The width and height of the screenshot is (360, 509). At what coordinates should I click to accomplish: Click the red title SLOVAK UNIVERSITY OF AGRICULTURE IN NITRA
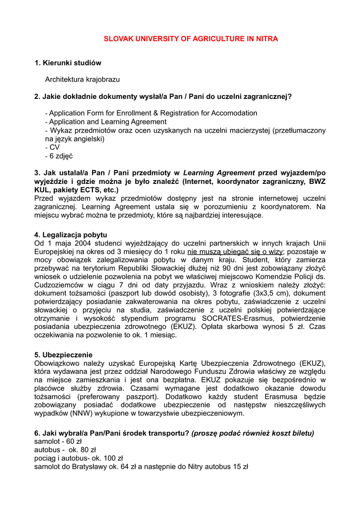click(x=190, y=39)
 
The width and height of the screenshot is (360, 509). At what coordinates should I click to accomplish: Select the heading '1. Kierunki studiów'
click(x=68, y=63)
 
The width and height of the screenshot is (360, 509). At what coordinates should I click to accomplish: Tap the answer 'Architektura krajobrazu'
click(x=82, y=80)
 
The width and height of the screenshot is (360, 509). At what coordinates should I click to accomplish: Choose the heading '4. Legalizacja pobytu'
click(x=71, y=235)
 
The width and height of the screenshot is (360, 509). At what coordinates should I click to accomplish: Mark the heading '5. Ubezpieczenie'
click(x=63, y=354)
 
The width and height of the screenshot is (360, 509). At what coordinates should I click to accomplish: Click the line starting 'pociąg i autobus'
click(x=79, y=458)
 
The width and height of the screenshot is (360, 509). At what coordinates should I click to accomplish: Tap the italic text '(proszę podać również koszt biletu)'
click(x=253, y=433)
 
